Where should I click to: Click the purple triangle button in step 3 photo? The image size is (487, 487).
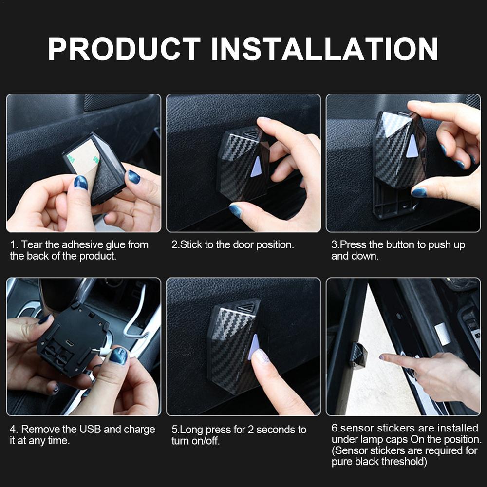(x=412, y=146)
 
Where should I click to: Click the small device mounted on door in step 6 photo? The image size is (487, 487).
(x=358, y=356)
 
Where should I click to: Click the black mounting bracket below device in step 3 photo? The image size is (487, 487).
(x=394, y=205)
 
